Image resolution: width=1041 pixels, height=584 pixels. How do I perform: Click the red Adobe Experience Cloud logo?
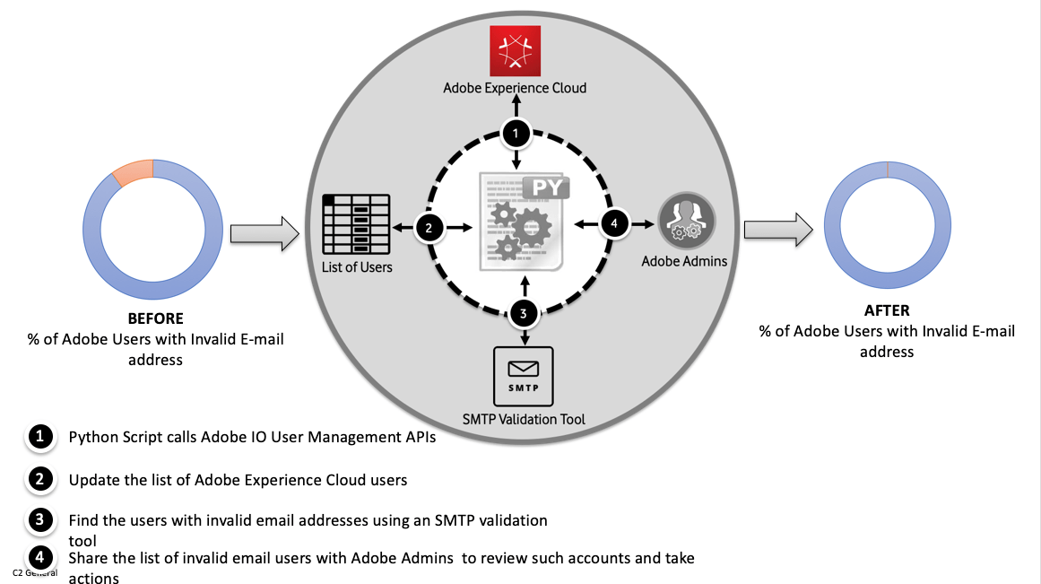coord(514,51)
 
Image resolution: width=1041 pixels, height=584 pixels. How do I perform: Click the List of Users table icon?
coord(356,224)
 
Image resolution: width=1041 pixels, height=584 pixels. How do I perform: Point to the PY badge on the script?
coord(545,190)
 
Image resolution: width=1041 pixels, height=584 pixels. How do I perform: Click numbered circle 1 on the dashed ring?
coord(515,134)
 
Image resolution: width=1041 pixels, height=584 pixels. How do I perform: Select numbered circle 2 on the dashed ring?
coord(429,229)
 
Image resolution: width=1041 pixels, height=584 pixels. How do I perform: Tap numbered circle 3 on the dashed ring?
coord(524,314)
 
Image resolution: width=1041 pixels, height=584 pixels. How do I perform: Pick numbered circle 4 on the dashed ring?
coord(613,223)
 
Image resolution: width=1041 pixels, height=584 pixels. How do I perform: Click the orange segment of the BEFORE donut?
coord(133,170)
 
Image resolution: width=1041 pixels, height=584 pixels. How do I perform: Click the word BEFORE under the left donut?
coord(155,318)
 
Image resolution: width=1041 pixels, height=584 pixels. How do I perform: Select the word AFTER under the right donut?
coord(886,310)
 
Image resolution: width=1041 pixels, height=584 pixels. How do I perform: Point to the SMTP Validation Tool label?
coord(524,419)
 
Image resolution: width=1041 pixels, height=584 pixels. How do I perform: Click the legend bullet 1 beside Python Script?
coord(39,437)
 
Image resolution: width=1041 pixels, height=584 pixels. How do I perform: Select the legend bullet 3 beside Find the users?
coord(39,519)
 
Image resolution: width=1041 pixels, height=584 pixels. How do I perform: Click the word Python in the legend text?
coord(93,438)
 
